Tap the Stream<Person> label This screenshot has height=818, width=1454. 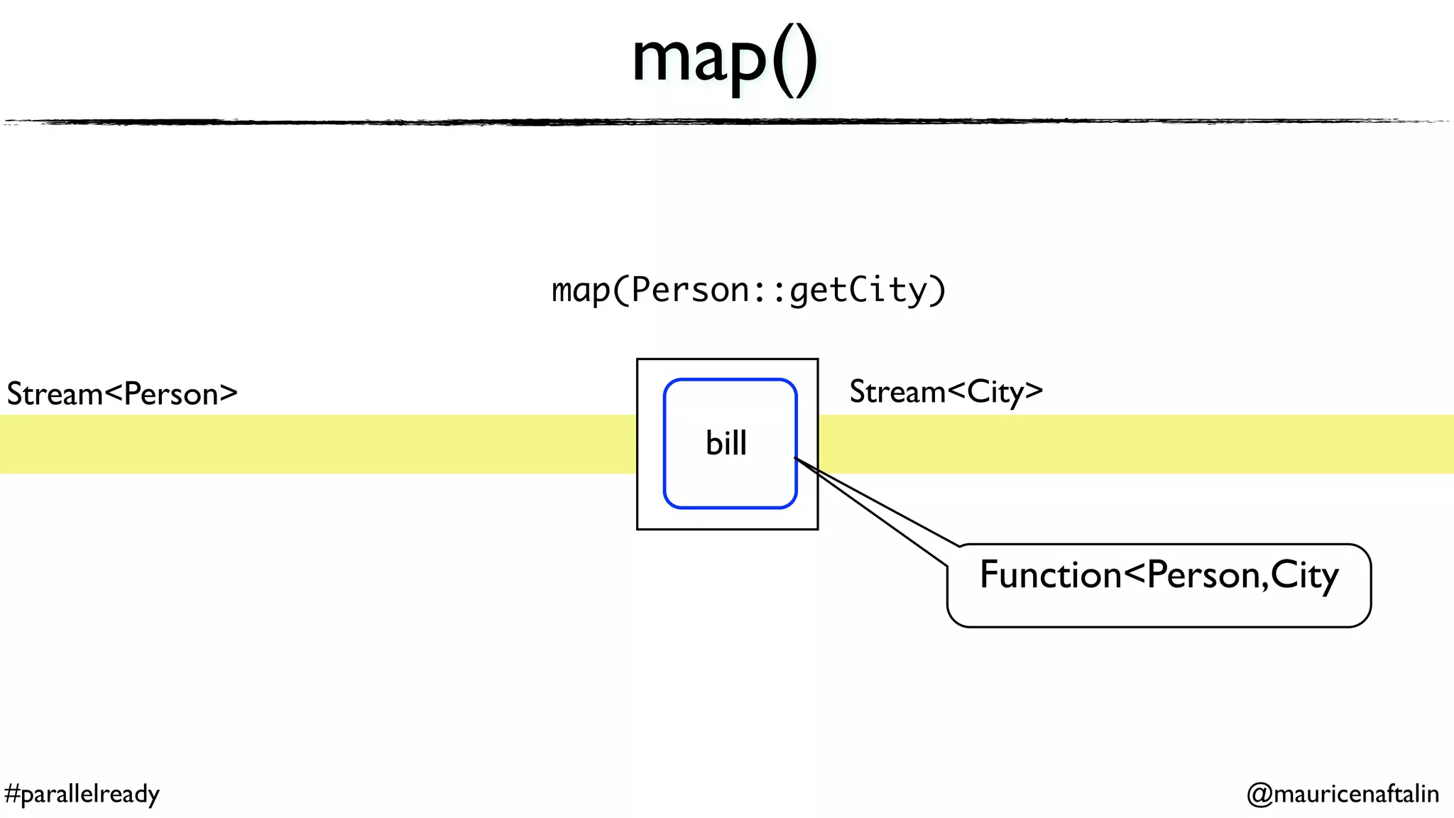point(122,394)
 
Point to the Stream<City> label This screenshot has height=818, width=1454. point(946,392)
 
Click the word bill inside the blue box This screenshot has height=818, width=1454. point(726,443)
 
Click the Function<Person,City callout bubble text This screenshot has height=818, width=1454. point(1158,575)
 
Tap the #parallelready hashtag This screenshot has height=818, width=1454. point(82,793)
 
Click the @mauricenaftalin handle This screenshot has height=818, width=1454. point(1343,793)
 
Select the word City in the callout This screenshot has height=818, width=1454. point(1303,575)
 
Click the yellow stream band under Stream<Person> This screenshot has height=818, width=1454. point(319,444)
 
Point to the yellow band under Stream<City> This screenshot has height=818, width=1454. point(1136,444)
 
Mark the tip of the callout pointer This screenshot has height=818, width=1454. point(795,459)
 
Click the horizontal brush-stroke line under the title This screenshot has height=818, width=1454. point(727,122)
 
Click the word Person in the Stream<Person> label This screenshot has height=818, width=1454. point(171,394)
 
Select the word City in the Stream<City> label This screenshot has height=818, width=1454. point(995,392)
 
